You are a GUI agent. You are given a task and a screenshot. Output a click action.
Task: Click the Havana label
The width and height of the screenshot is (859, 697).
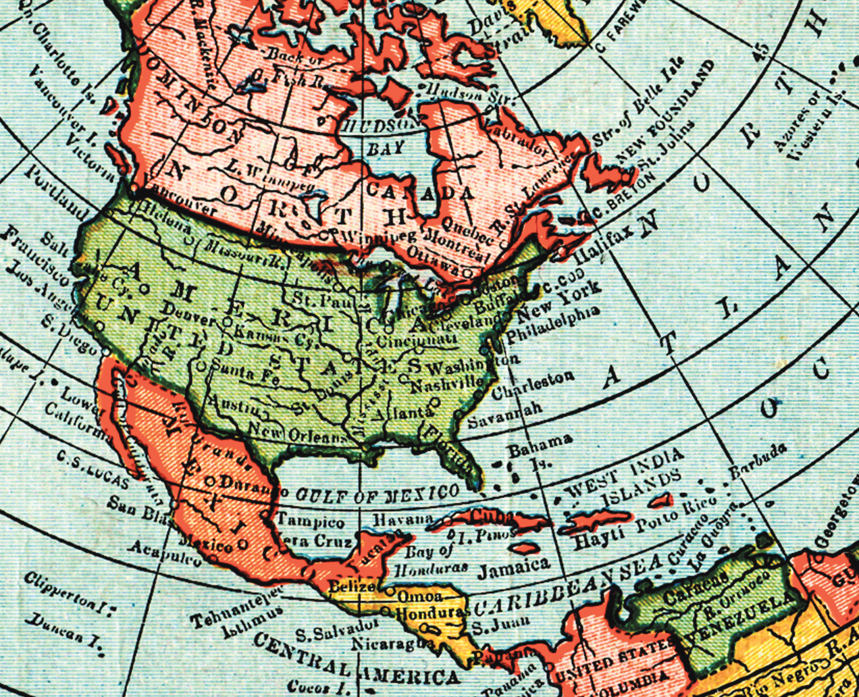point(403,519)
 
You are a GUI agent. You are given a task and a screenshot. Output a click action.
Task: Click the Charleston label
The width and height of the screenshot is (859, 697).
point(533,386)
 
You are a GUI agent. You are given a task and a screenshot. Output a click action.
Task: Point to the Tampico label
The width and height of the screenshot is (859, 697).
point(311,521)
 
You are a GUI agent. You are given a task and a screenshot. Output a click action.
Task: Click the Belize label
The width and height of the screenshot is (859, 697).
point(350,586)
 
